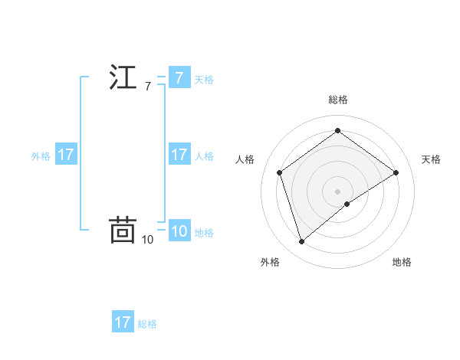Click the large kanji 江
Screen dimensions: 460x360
pyautogui.click(x=123, y=79)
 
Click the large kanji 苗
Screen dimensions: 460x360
pyautogui.click(x=123, y=230)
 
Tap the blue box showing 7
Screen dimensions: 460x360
pyautogui.click(x=179, y=78)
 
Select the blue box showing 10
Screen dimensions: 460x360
pyautogui.click(x=179, y=232)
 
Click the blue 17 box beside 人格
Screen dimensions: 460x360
pyautogui.click(x=179, y=155)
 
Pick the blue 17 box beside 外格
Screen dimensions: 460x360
pyautogui.click(x=66, y=155)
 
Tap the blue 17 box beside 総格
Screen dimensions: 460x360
pyautogui.click(x=123, y=322)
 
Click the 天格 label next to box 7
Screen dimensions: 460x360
pyautogui.click(x=204, y=79)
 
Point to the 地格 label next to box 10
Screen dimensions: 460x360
pyautogui.click(x=204, y=233)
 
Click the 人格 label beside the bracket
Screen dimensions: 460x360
pyautogui.click(x=204, y=155)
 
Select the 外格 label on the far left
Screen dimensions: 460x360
pyautogui.click(x=41, y=155)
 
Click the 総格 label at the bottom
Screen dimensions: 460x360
pyautogui.click(x=147, y=323)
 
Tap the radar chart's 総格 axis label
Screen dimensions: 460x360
pyautogui.click(x=338, y=100)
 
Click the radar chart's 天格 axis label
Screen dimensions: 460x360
pyautogui.click(x=432, y=159)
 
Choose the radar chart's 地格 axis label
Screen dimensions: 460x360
pyautogui.click(x=402, y=262)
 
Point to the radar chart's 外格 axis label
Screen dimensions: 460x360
pyautogui.click(x=270, y=262)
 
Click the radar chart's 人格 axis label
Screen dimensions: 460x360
pyautogui.click(x=245, y=159)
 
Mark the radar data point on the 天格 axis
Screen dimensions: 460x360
pyautogui.click(x=396, y=172)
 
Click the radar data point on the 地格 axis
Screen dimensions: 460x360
pyautogui.click(x=347, y=204)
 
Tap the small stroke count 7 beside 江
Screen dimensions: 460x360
pyautogui.click(x=147, y=87)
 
